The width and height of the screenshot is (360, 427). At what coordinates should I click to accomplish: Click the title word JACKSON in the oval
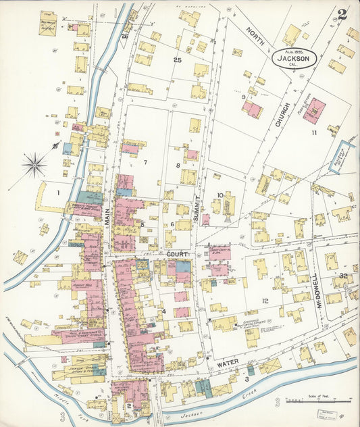pos(292,59)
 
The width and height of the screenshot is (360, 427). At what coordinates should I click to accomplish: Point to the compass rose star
pos(34,163)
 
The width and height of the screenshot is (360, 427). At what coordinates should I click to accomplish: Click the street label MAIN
pos(107,216)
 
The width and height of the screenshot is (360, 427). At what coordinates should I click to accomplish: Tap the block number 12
pos(265,301)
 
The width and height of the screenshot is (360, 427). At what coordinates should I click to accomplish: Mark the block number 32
pos(343,276)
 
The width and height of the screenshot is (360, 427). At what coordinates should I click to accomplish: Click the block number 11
pos(314,132)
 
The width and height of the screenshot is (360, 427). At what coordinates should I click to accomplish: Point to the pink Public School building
pos(314,110)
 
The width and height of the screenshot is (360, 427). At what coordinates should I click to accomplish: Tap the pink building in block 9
pos(252,109)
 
